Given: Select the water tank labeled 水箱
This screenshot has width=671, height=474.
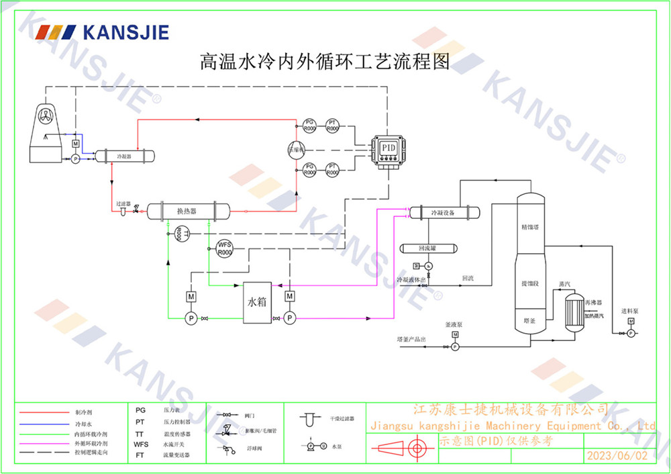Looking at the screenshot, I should pyautogui.click(x=258, y=303).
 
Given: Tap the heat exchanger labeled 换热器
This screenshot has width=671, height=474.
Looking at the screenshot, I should pyautogui.click(x=187, y=211).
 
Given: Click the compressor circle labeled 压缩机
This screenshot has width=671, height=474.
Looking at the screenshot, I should pyautogui.click(x=296, y=149).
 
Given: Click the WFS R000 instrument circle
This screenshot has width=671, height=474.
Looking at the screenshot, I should pyautogui.click(x=224, y=248).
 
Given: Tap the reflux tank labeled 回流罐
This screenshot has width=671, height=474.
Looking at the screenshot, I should pyautogui.click(x=427, y=248).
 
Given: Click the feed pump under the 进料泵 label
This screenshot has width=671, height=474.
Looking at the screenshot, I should pyautogui.click(x=630, y=332).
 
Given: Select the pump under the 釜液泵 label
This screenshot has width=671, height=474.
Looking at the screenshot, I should pyautogui.click(x=454, y=346).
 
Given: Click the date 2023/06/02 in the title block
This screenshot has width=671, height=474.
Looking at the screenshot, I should pyautogui.click(x=617, y=455).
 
